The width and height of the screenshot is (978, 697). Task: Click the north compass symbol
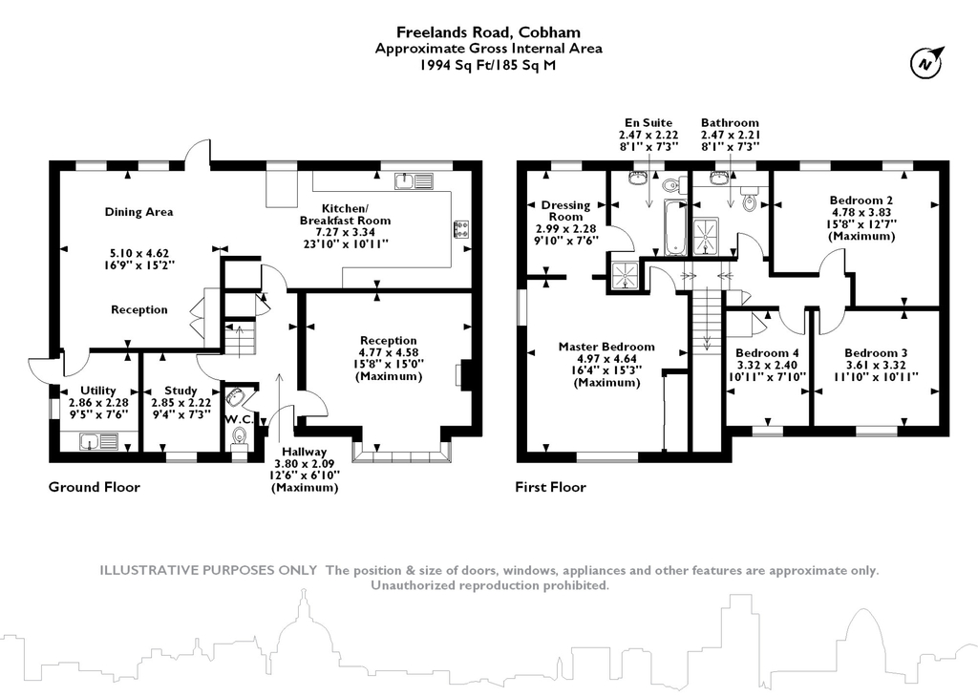pyautogui.click(x=924, y=64)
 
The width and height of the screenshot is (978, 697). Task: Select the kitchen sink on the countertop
pyautogui.click(x=413, y=180)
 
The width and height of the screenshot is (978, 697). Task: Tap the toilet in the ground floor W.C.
pyautogui.click(x=239, y=437)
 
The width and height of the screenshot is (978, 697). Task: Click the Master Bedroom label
pyautogui.click(x=606, y=347)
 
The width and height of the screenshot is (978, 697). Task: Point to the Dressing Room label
pyautogui.click(x=565, y=210)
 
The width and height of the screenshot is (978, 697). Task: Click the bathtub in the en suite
pyautogui.click(x=674, y=227)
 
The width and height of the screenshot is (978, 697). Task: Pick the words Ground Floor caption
pyautogui.click(x=95, y=487)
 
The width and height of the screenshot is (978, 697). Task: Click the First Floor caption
pyautogui.click(x=550, y=487)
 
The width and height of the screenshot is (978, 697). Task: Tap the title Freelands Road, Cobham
pyautogui.click(x=488, y=32)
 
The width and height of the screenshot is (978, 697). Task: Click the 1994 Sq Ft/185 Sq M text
pyautogui.click(x=488, y=65)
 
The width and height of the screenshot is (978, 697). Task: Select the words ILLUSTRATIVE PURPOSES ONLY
pyautogui.click(x=209, y=570)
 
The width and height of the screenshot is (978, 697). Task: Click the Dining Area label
pyautogui.click(x=138, y=212)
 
